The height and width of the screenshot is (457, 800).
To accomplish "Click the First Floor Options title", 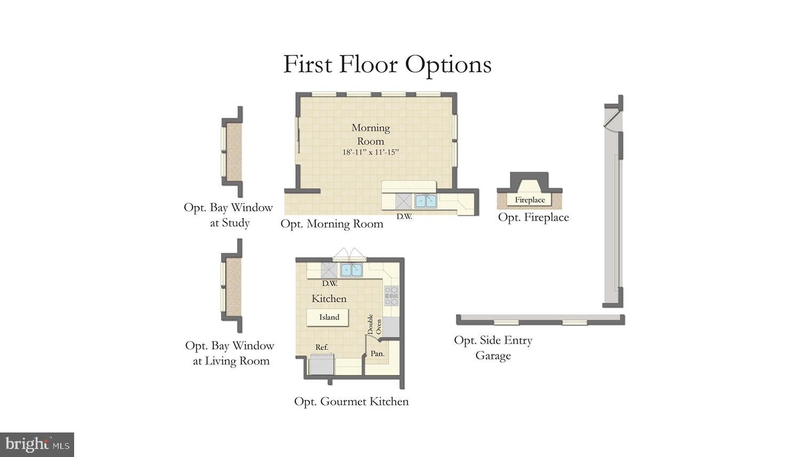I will pos(387,65).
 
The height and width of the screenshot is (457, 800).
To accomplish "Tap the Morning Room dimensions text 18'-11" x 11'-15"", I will pos(370,153).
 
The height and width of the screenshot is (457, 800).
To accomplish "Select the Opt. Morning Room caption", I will pos(332,224).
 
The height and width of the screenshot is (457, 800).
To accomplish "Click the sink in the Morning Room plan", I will pos(426,201).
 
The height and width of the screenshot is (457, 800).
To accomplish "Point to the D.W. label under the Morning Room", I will pos(404,217).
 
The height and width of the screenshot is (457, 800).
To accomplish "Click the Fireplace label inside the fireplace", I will pos(530,200).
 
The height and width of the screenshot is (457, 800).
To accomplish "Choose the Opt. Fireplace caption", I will pos(533,218).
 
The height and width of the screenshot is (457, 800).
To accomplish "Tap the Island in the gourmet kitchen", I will pos(329,317).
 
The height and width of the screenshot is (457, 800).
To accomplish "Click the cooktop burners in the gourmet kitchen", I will pos(391,295).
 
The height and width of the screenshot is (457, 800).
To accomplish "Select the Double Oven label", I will pos(374,324).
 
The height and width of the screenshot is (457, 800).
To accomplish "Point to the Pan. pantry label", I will pos(378,354).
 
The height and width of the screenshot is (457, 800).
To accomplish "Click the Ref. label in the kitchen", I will pos(322,347).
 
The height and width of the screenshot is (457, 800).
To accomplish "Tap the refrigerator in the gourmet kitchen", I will pos(322,365).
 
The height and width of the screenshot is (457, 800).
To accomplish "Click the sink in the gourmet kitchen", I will pos(351,270).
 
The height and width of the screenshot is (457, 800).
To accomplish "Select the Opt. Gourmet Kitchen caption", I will pos(351,402).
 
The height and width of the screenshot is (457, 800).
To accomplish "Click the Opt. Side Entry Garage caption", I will pos(493,348).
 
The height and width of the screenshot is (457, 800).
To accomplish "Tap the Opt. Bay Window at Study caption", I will pos(228,215).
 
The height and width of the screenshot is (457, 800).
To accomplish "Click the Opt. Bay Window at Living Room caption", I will pos(230,353).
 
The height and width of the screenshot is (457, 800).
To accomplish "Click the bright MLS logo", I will pos(37,444).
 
